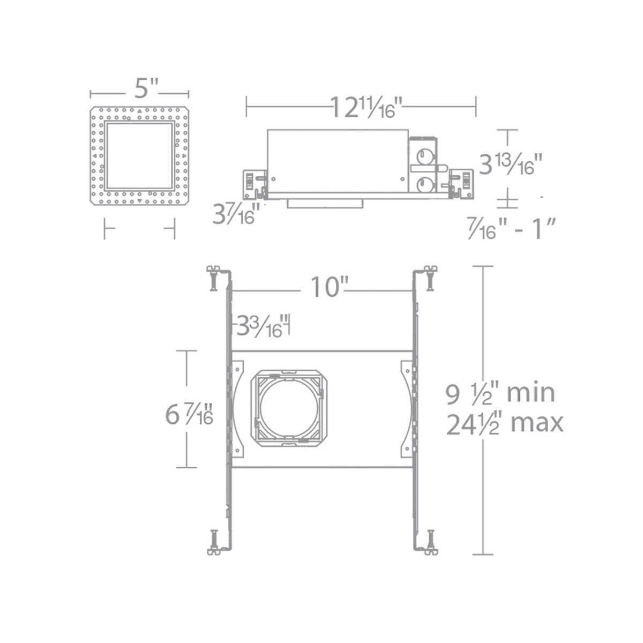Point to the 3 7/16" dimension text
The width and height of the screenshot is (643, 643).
236,214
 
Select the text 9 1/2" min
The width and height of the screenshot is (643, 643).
500,393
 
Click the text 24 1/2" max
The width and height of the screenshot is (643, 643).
504,424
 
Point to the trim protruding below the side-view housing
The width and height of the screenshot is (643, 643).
325,204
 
